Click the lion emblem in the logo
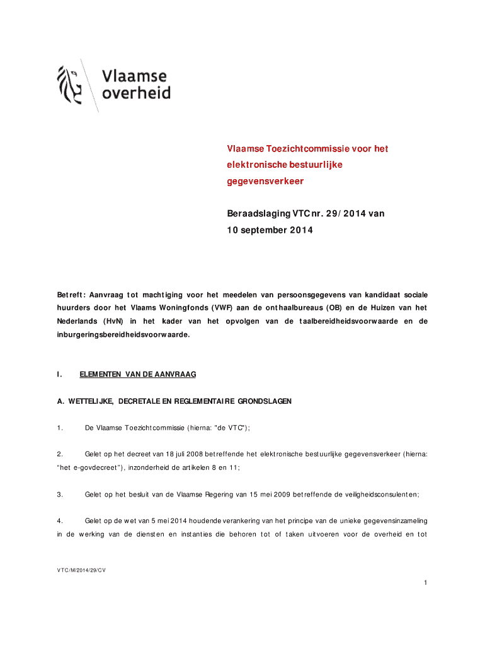(x=69, y=85)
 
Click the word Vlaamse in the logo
(x=135, y=76)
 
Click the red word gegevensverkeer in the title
(x=265, y=181)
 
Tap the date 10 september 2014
(x=270, y=230)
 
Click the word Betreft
(x=69, y=295)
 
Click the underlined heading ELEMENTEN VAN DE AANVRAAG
(x=138, y=375)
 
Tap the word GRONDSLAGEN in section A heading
(x=265, y=401)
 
